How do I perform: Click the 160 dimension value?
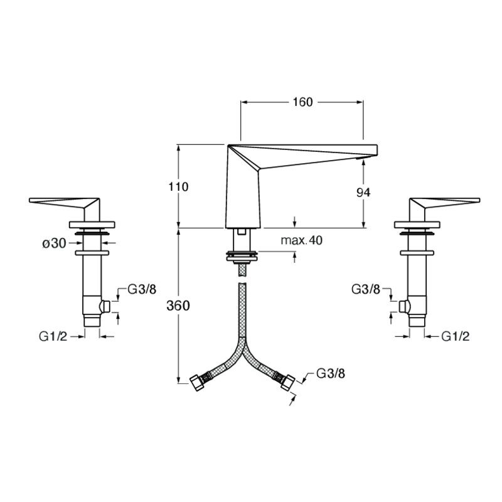[x=302, y=102]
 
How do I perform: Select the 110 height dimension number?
[x=178, y=186]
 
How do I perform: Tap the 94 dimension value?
[x=363, y=193]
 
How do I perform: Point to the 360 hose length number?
[x=178, y=306]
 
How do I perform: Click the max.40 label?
[x=301, y=240]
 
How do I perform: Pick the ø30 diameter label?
[x=55, y=243]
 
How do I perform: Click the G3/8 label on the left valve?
[x=142, y=289]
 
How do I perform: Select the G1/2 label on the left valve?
[x=53, y=336]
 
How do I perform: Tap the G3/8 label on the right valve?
[x=366, y=289]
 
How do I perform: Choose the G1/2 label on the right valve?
[x=456, y=336]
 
